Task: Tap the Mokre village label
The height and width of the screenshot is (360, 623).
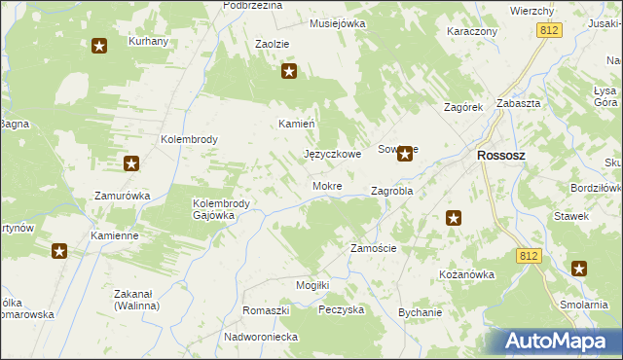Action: point(326,186)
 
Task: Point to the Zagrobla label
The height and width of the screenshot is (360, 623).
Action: point(392,192)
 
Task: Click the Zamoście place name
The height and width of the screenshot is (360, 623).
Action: point(373,248)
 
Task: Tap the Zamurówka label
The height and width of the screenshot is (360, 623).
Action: point(122,196)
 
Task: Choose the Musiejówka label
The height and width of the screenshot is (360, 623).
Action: point(337,23)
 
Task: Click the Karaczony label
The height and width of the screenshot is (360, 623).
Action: point(472,31)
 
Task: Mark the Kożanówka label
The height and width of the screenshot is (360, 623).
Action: point(467,274)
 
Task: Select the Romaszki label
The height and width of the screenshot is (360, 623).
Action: point(267,309)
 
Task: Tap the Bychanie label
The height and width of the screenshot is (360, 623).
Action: point(420,312)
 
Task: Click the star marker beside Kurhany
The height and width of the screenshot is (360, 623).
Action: point(99,46)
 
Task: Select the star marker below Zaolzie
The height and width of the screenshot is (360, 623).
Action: point(288,71)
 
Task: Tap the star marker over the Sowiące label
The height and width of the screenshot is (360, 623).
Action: point(404,154)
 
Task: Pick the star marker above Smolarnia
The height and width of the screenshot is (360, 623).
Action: point(579,270)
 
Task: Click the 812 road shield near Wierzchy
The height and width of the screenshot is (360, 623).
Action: point(548,31)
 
